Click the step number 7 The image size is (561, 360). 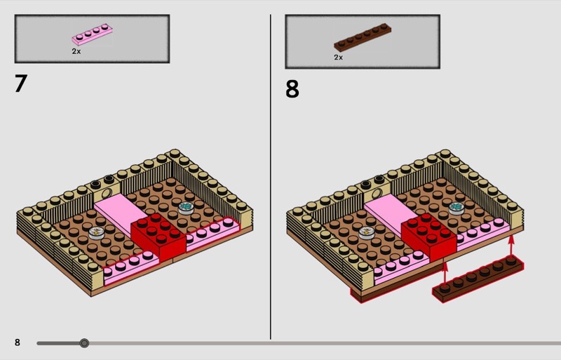pos(21,83)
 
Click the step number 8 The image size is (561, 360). pos(292,89)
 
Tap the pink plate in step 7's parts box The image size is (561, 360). pos(93,34)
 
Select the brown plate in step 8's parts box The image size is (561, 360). pos(363,37)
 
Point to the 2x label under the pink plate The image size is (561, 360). pos(76,51)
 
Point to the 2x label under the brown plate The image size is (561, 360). pos(339,58)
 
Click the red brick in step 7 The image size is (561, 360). pos(158,236)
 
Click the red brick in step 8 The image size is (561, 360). pos(429,236)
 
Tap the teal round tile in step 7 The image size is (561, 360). pos(186,208)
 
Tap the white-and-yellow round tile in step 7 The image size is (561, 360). pos(96,233)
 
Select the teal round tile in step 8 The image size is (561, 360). pos(457,208)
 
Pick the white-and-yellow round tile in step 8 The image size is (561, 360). pos(367,233)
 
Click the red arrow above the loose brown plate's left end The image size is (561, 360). pos(445,274)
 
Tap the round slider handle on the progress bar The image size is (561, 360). pos(84,343)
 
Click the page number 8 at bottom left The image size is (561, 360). pos(17,342)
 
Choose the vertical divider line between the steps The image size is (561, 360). pos(271,177)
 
